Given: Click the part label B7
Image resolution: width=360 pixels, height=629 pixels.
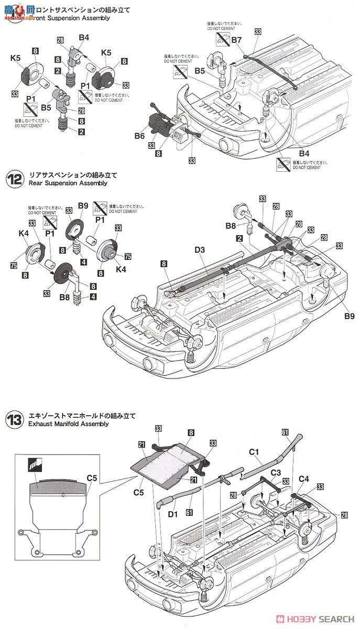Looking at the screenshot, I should point(236,40).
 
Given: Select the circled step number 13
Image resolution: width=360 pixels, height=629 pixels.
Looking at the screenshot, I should point(14,419).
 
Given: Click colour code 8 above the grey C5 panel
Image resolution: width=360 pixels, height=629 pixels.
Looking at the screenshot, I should point(191,433).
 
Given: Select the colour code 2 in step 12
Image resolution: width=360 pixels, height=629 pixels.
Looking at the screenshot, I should point(239,238).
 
